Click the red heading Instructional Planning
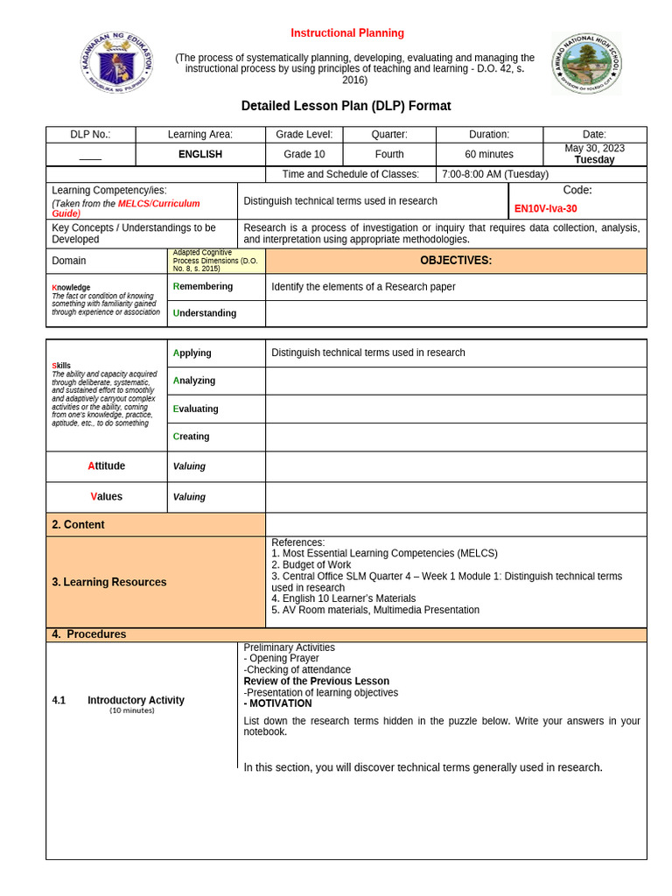(x=347, y=33)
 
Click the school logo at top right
(x=585, y=64)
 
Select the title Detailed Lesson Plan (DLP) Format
(x=346, y=106)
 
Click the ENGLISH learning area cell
(x=200, y=154)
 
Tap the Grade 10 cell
(x=304, y=154)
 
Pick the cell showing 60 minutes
(x=489, y=154)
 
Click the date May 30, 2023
(x=594, y=149)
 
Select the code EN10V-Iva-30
(x=545, y=209)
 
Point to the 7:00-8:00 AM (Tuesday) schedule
(x=495, y=175)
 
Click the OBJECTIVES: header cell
(x=455, y=261)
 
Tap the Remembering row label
(x=203, y=286)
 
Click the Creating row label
(x=192, y=437)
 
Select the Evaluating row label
(x=196, y=409)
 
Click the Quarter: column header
(x=389, y=134)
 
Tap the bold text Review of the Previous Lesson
(x=316, y=681)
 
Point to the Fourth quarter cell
(x=389, y=154)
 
